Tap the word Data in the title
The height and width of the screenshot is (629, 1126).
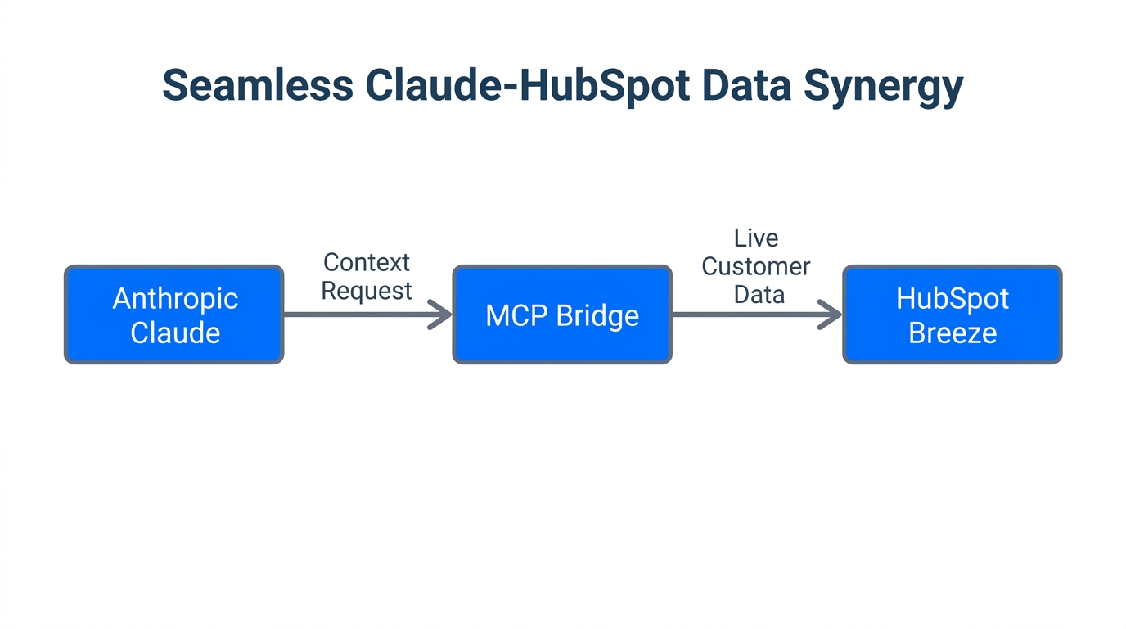749,85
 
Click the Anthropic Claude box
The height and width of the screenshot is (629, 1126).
174,314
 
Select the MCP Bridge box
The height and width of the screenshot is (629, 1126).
562,314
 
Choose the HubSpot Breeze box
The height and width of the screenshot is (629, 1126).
953,314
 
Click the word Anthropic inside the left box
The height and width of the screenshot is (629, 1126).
175,298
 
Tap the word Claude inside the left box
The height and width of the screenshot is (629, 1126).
175,333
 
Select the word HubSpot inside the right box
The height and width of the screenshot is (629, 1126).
953,298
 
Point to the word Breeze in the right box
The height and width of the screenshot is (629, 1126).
953,333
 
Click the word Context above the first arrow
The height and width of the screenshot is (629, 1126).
366,262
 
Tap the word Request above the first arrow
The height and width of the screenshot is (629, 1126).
366,291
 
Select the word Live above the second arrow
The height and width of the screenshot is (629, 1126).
755,238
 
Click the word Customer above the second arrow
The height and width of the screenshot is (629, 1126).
755,266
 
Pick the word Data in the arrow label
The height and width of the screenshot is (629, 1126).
759,294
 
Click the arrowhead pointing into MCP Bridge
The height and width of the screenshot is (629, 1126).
442,314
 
